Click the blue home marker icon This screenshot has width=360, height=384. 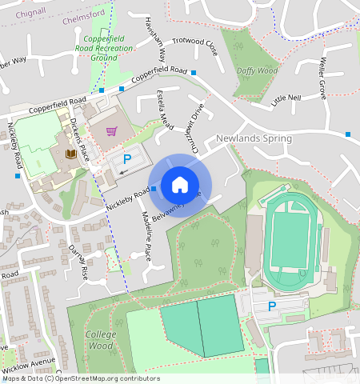180,186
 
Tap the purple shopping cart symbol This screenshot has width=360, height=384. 112,131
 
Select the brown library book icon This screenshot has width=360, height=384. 70,153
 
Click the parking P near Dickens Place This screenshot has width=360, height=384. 126,159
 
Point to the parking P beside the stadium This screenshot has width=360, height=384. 271,306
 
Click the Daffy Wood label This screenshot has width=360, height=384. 257,70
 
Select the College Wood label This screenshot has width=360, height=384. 100,340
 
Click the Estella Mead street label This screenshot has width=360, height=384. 164,110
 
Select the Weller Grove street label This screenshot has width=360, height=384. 323,78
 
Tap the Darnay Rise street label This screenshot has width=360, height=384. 81,262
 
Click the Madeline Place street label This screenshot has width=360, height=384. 146,239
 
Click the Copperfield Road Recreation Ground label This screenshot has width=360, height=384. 103,47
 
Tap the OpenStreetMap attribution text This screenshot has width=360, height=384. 80,378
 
